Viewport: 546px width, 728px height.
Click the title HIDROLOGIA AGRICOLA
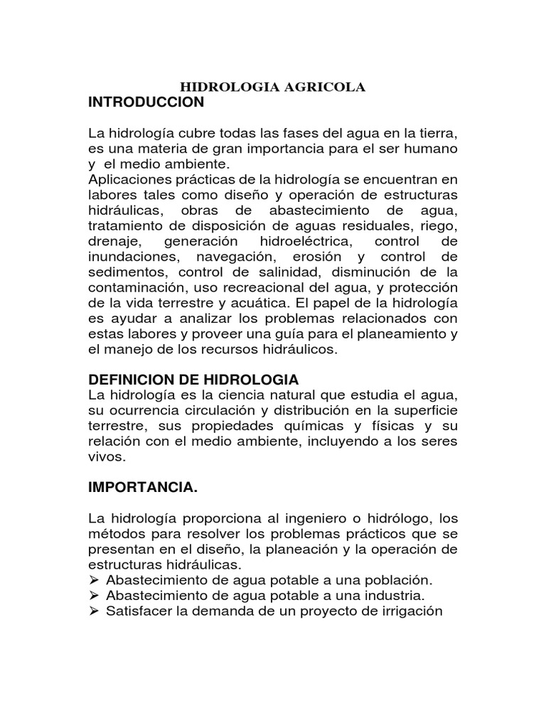point(273,87)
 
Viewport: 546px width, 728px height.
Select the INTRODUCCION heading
point(146,102)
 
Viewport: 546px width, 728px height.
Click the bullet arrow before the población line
point(94,580)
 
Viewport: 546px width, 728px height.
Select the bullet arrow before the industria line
point(94,595)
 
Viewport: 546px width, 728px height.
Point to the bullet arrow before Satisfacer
point(94,611)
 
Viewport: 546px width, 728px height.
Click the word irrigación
point(408,611)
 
